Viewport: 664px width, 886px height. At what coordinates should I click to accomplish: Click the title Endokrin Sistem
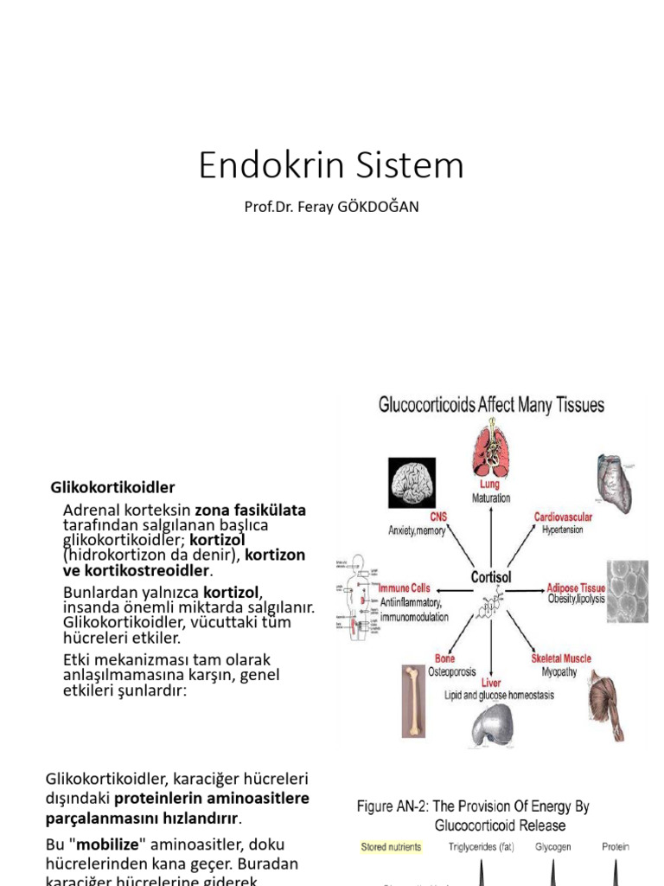(331, 165)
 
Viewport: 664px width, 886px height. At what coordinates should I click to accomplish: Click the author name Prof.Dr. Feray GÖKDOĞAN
(331, 208)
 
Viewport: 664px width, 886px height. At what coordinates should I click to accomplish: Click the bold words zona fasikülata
(251, 510)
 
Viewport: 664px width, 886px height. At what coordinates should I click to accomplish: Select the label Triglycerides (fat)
(484, 847)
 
